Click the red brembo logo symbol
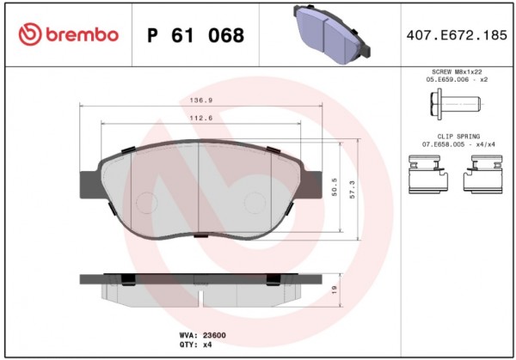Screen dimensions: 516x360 [x=30, y=34]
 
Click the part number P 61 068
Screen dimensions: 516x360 [x=196, y=35]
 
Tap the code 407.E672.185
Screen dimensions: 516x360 [x=457, y=35]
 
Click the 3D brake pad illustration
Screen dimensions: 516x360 [x=332, y=34]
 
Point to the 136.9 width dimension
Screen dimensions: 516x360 [x=201, y=101]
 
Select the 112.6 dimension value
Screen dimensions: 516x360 [x=201, y=118]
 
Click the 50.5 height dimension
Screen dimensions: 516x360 [x=335, y=187]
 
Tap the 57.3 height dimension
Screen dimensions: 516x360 [x=353, y=189]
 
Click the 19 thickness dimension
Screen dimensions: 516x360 [x=335, y=290]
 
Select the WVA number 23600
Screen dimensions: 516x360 [x=214, y=335]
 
